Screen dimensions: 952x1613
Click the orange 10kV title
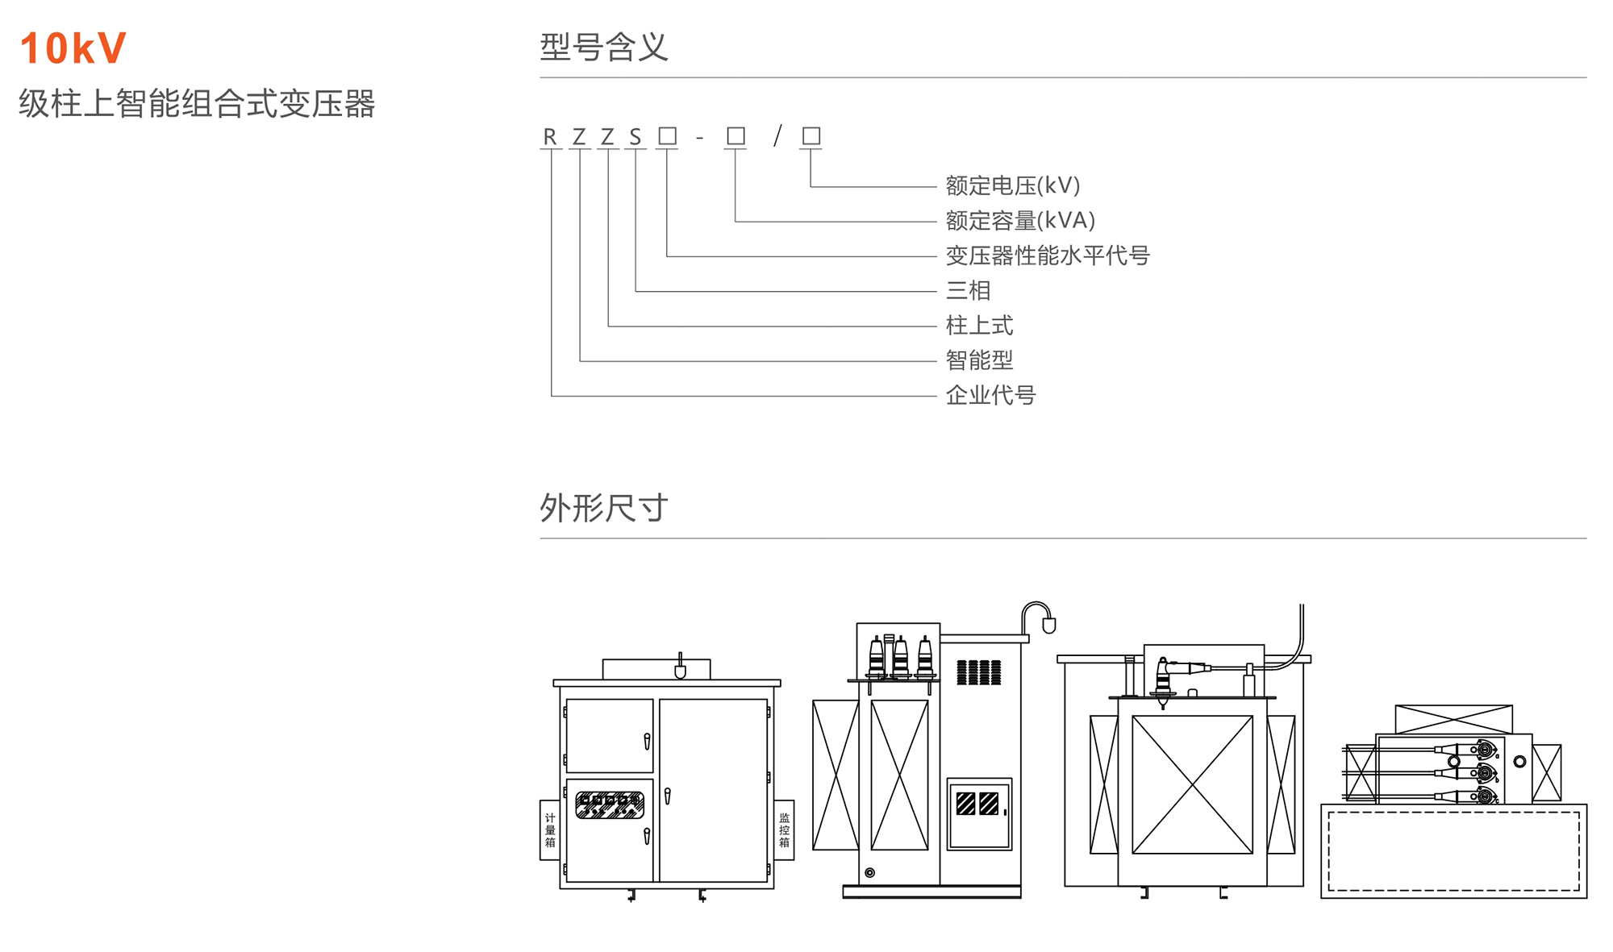[x=73, y=48]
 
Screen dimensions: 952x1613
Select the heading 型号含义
[x=603, y=47]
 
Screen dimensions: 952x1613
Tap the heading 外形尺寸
[x=603, y=508]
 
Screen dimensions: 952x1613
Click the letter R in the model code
[x=550, y=137]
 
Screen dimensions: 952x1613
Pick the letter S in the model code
[x=636, y=137]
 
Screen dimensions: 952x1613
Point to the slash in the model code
[x=777, y=135]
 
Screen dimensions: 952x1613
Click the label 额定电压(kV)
[x=1012, y=185]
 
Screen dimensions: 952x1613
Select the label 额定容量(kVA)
[x=1020, y=220]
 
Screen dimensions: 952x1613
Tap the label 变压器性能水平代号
[x=1047, y=256]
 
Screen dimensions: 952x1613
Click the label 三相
[x=968, y=290]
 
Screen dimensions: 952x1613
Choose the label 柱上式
[x=979, y=325]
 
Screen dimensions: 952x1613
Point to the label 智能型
[x=979, y=360]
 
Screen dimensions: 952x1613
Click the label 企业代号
[x=990, y=395]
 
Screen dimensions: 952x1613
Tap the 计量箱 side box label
[x=550, y=829]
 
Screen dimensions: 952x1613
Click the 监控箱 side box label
[x=784, y=829]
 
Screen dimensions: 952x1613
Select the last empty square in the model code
[x=811, y=135]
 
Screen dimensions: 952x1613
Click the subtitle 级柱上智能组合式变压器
[x=197, y=103]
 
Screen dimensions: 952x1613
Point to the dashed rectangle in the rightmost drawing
[x=1453, y=851]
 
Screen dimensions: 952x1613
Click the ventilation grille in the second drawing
[x=978, y=672]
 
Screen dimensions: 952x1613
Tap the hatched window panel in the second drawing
[x=977, y=804]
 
